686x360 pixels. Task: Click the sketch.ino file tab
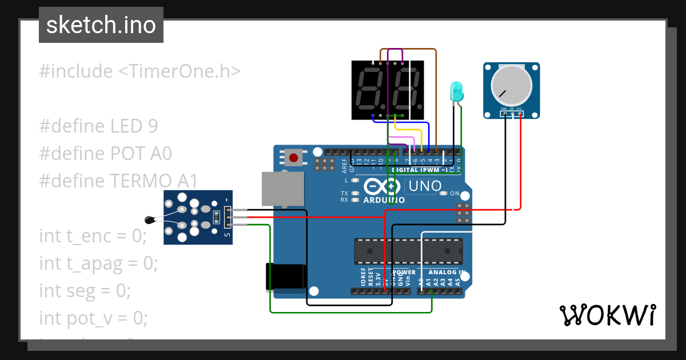101,25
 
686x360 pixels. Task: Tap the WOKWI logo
607,315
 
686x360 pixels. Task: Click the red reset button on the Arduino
295,157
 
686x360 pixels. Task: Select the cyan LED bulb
457,91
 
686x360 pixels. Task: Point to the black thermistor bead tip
150,218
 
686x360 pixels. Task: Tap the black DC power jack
286,277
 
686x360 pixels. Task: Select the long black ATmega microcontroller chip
408,250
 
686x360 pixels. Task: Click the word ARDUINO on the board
384,200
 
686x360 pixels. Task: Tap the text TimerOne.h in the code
180,71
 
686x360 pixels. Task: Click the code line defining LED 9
98,126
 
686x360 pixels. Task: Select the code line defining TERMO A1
118,181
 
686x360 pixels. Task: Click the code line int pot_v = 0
93,318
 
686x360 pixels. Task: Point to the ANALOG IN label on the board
446,273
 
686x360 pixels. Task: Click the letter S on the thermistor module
227,234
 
